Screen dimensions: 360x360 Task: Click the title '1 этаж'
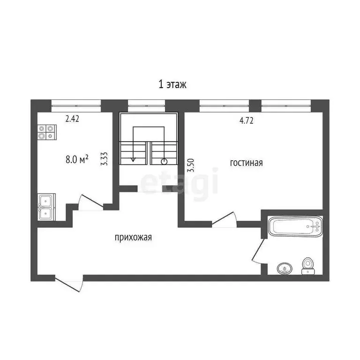172,84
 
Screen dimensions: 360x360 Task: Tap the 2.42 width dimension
72,119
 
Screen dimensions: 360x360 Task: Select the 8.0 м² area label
77,159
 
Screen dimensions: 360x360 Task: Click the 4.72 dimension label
247,120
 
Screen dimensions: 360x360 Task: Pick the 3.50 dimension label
190,165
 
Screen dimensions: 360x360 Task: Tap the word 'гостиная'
246,163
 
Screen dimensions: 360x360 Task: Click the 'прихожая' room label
133,238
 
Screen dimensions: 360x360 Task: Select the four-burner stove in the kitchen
46,132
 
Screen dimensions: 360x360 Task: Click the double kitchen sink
46,207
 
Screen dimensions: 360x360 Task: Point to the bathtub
296,227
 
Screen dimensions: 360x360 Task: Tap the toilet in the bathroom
307,265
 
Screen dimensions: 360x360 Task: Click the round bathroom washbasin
284,269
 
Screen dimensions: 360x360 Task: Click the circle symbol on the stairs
164,162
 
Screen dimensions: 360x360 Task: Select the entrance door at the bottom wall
68,284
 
